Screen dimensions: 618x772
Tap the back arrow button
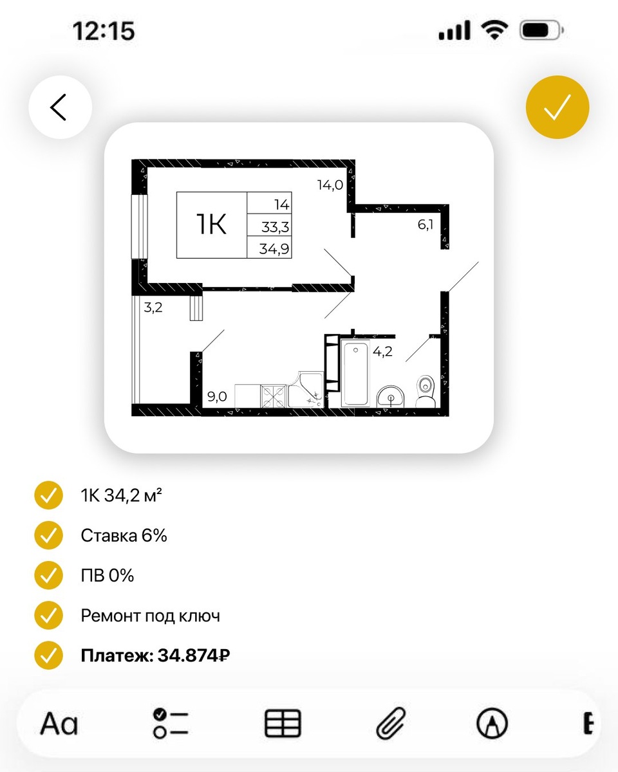click(x=61, y=107)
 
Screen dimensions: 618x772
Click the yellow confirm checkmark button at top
click(x=557, y=107)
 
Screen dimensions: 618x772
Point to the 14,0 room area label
click(x=330, y=185)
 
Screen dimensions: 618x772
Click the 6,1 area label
click(x=426, y=225)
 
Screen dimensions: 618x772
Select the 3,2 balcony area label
click(x=153, y=307)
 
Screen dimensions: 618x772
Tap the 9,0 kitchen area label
click(x=217, y=396)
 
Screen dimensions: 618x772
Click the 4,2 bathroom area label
click(x=382, y=351)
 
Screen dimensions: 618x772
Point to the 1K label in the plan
click(x=211, y=224)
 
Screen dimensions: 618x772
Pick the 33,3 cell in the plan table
click(x=275, y=226)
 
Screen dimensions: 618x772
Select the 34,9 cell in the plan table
click(x=274, y=248)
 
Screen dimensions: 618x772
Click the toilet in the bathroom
click(x=426, y=392)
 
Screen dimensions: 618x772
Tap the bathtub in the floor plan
click(x=355, y=373)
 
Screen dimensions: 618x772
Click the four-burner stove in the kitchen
click(x=273, y=396)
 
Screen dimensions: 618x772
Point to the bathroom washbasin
click(x=390, y=397)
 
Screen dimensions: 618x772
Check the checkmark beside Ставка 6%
click(x=48, y=536)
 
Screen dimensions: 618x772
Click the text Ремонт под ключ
click(x=150, y=616)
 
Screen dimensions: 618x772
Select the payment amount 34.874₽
click(x=194, y=656)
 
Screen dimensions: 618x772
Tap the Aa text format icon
click(x=59, y=724)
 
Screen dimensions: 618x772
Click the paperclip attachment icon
click(x=391, y=724)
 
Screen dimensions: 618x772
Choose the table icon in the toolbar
click(x=283, y=724)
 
